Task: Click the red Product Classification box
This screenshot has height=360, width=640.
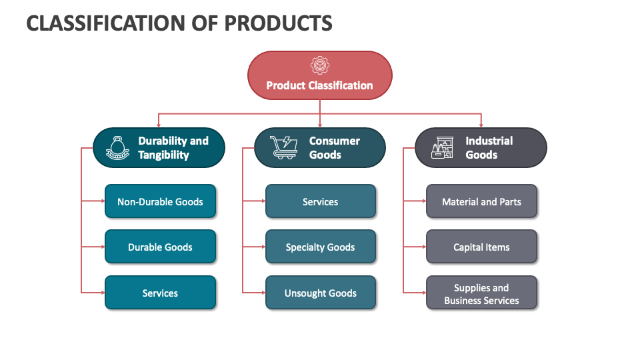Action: click(x=319, y=75)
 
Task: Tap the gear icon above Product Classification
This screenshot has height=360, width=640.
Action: click(x=319, y=65)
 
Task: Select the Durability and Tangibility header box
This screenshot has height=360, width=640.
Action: click(x=159, y=147)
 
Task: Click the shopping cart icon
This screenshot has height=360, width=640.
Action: click(x=283, y=147)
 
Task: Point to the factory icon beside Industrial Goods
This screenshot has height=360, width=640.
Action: click(x=443, y=147)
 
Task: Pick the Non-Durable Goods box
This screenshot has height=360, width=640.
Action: click(x=160, y=201)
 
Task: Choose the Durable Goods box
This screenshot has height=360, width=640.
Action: click(x=160, y=247)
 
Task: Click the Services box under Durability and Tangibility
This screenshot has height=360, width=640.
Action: click(x=160, y=293)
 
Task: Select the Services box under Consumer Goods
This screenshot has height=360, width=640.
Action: click(x=321, y=201)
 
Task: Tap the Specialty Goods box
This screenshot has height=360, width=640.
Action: click(x=321, y=247)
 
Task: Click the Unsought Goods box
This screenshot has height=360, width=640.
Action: click(x=321, y=293)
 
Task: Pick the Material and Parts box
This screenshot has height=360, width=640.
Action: click(x=481, y=201)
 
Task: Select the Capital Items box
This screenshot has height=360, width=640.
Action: click(x=481, y=247)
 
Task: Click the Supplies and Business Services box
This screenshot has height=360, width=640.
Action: click(x=481, y=293)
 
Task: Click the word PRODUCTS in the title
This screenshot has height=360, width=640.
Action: click(x=279, y=23)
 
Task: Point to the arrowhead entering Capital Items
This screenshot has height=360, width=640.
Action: click(x=425, y=247)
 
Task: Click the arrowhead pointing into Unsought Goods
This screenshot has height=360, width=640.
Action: click(x=264, y=293)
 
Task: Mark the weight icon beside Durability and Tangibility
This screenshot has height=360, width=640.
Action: click(x=117, y=148)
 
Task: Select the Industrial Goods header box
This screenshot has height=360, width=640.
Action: click(x=481, y=147)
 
